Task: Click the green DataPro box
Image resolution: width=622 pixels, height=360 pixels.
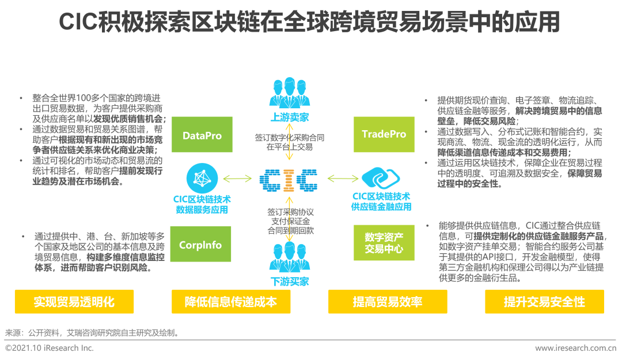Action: [x=202, y=136]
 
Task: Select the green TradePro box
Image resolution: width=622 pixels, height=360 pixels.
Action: [x=384, y=134]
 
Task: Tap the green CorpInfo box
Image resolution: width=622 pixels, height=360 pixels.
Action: [x=200, y=245]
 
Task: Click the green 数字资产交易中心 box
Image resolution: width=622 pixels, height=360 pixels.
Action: [x=384, y=243]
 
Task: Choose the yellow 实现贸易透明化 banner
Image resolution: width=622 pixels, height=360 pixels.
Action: [x=74, y=302]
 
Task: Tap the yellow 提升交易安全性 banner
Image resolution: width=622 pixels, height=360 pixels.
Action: [x=544, y=302]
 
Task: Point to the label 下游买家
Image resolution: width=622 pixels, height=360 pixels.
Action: [x=289, y=282]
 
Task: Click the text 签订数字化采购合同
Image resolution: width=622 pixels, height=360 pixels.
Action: [x=289, y=138]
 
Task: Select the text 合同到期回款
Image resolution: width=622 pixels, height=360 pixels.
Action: [x=289, y=230]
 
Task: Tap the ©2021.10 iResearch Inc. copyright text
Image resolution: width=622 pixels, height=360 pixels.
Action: [x=50, y=348]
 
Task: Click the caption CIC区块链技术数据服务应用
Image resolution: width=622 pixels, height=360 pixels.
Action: [x=202, y=204]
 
